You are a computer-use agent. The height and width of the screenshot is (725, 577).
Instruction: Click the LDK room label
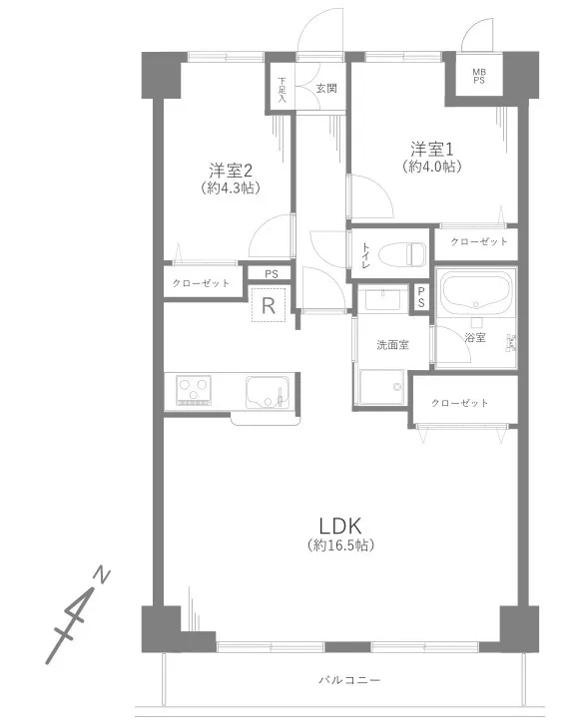[340, 527]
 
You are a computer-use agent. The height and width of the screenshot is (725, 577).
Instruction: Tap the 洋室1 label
[431, 150]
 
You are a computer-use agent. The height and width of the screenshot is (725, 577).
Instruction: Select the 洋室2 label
[231, 171]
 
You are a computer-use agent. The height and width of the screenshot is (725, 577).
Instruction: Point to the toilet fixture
[401, 254]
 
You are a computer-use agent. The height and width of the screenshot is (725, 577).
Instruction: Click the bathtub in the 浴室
[476, 292]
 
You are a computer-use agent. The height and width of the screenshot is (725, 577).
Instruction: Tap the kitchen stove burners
[194, 391]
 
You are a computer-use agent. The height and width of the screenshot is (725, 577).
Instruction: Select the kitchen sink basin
[268, 393]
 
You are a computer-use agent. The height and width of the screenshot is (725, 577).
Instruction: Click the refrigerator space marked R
[269, 305]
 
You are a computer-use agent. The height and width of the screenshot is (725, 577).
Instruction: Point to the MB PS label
[479, 76]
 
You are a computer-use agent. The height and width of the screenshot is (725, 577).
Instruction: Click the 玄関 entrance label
[326, 89]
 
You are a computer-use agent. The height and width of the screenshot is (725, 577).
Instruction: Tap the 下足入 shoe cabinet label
[283, 90]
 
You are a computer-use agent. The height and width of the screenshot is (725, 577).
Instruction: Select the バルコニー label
[349, 680]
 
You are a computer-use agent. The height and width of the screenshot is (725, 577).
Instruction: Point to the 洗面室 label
[393, 344]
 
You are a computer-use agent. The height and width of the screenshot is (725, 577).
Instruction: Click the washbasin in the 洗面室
[383, 299]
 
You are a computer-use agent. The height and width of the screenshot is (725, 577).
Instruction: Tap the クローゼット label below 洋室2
[201, 283]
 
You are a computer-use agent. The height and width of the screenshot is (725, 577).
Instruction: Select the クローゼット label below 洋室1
[479, 241]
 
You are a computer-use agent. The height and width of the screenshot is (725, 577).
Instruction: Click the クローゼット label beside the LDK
[459, 403]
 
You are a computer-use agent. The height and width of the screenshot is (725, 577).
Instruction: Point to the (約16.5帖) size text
[340, 545]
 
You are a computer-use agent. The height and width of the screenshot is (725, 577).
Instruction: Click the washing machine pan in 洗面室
[382, 387]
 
